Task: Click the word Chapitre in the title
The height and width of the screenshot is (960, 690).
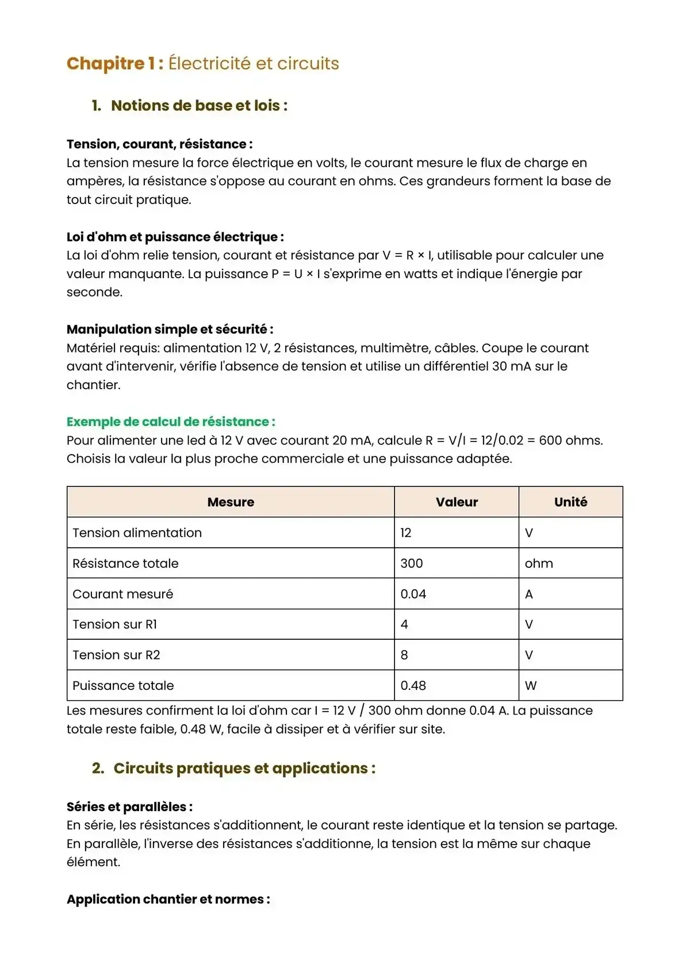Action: [106, 63]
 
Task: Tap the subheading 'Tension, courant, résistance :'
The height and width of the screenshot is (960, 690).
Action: [159, 144]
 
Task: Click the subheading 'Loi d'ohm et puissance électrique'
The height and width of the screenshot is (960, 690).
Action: [175, 237]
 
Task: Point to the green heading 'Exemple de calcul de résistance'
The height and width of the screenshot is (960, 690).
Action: [170, 422]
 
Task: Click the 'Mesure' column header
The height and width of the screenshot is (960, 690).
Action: [231, 502]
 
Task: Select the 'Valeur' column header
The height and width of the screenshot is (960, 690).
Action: [457, 502]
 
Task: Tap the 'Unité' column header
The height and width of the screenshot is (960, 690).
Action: [570, 502]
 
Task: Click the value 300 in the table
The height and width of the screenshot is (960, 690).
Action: [412, 563]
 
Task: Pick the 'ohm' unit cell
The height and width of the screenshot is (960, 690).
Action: [539, 563]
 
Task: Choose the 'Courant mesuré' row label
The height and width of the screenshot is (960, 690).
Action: [122, 594]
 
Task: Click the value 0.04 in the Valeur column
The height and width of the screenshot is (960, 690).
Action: [413, 594]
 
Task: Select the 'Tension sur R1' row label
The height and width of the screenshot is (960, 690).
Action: [114, 624]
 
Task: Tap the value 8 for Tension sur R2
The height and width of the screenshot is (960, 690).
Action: [404, 655]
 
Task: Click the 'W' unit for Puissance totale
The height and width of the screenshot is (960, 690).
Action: [531, 685]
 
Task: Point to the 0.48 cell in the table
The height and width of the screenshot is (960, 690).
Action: [413, 685]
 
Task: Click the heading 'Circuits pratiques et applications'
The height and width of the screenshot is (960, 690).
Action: [244, 769]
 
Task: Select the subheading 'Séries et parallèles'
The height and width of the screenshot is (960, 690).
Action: [129, 807]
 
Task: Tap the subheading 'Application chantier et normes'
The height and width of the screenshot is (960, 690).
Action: [168, 899]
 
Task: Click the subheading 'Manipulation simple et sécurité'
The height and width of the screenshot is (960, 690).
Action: [170, 329]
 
